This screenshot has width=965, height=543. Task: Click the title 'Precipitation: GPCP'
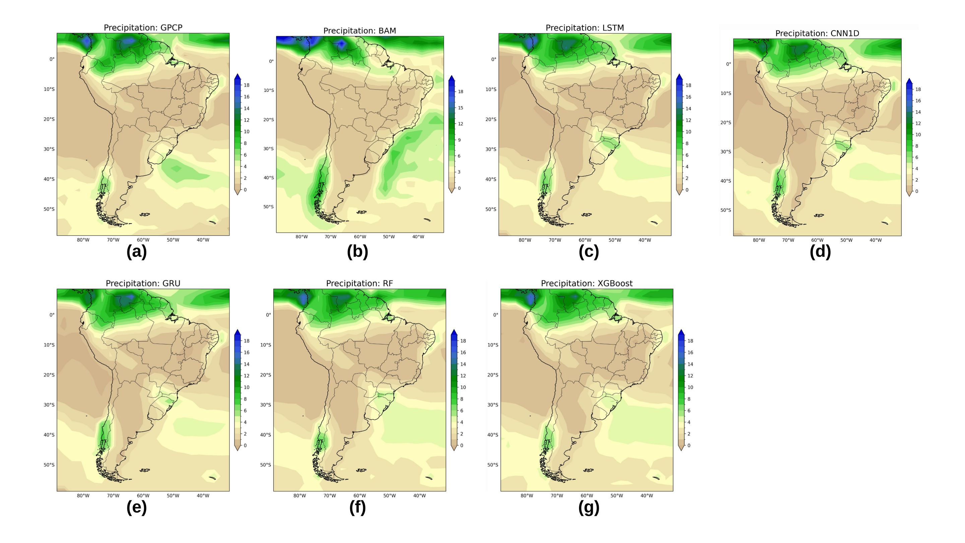pyautogui.click(x=143, y=28)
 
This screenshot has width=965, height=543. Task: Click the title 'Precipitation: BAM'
pyautogui.click(x=359, y=31)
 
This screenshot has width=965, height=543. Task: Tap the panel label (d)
pyautogui.click(x=820, y=251)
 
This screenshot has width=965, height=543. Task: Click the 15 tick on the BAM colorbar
pyautogui.click(x=460, y=108)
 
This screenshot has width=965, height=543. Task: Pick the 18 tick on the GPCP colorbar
pyautogui.click(x=247, y=85)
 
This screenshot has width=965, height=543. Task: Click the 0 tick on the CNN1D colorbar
pyautogui.click(x=917, y=191)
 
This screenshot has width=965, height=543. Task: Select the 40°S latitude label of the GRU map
pyautogui.click(x=49, y=435)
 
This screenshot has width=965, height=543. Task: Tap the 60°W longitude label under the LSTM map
pyautogui.click(x=584, y=240)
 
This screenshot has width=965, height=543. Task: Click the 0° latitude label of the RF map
pyautogui.click(x=268, y=315)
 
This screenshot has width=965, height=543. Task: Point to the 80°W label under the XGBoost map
pyautogui.click(x=526, y=496)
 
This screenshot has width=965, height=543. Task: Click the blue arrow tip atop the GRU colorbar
pyautogui.click(x=237, y=332)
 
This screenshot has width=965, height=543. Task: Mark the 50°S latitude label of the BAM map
pyautogui.click(x=268, y=207)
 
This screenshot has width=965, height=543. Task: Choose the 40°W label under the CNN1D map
pyautogui.click(x=876, y=240)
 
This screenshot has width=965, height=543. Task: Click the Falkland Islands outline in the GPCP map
pyautogui.click(x=145, y=215)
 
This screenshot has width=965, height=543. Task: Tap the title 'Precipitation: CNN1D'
pyautogui.click(x=817, y=34)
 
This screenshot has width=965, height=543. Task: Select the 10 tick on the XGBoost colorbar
pyautogui.click(x=690, y=387)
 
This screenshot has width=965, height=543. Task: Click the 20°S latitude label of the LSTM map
pyautogui.click(x=491, y=120)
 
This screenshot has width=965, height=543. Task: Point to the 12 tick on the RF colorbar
pyautogui.click(x=463, y=376)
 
